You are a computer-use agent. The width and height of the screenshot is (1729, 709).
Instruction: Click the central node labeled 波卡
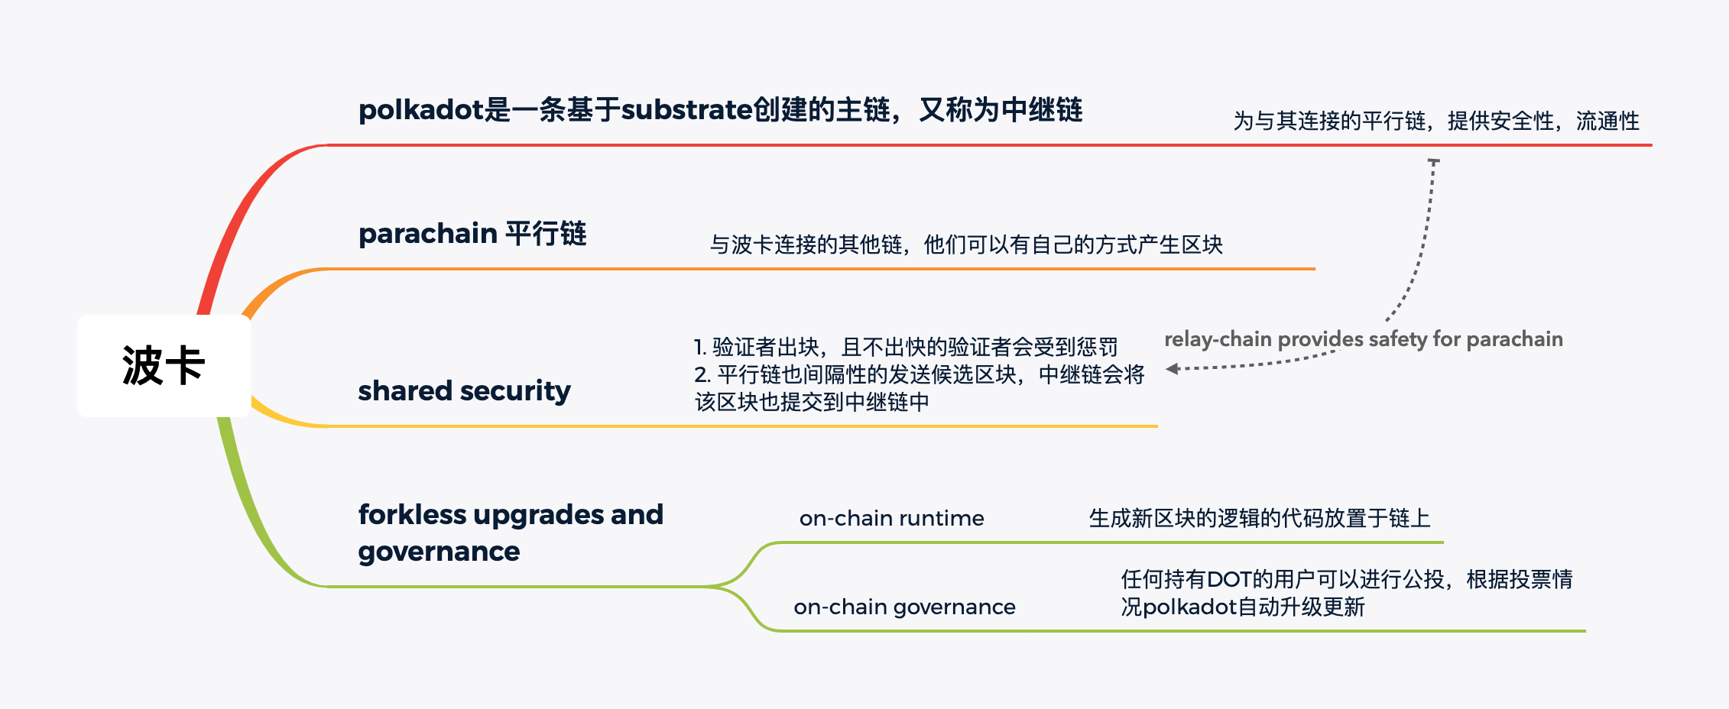[164, 365]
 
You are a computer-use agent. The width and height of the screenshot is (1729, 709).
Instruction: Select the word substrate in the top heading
[686, 110]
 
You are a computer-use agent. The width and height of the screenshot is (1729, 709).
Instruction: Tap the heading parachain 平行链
[472, 234]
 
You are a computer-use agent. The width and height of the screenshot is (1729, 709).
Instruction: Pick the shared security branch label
[464, 391]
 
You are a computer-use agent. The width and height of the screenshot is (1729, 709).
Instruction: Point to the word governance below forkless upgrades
[439, 552]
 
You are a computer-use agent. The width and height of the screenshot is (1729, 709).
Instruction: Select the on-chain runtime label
[891, 519]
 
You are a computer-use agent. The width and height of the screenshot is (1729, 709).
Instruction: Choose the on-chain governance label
[904, 607]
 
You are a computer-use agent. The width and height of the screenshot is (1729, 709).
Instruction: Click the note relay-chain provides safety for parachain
[1363, 339]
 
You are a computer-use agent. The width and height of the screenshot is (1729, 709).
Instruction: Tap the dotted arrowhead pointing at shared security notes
[1172, 370]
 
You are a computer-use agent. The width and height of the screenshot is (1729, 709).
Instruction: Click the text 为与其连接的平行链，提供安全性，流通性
[1435, 121]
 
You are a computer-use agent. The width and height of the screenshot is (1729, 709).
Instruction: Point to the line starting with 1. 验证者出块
[905, 348]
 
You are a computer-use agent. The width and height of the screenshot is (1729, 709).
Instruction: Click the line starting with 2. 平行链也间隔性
[919, 375]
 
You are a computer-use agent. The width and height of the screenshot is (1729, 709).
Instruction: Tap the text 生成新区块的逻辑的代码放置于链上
[1259, 519]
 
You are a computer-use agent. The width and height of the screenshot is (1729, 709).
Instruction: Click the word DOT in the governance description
[1229, 580]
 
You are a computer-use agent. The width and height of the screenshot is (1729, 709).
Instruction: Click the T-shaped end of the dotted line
[1434, 161]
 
